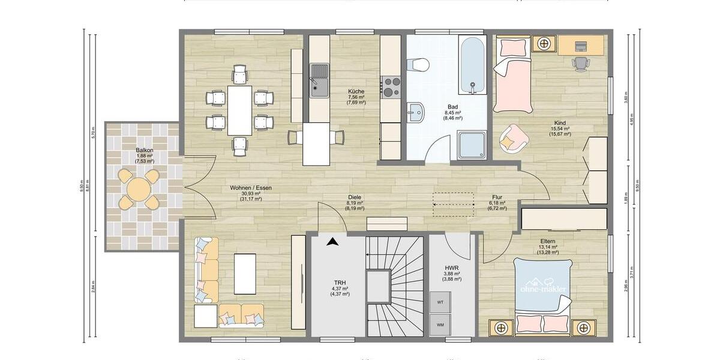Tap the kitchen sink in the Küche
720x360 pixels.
[x=319, y=81]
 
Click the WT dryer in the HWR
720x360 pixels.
[x=440, y=302]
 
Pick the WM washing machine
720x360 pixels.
[x=440, y=325]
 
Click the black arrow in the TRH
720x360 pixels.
[x=331, y=242]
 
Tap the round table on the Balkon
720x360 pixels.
[x=139, y=191]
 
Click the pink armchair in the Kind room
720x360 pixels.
[x=512, y=138]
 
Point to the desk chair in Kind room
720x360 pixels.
[x=580, y=63]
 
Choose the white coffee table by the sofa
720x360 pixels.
[x=245, y=274]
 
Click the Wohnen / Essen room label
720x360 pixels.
[x=251, y=188]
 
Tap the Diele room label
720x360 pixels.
[x=355, y=197]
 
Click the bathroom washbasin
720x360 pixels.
[x=415, y=111]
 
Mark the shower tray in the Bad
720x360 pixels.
[x=472, y=146]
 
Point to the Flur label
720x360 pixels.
[x=497, y=197]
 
